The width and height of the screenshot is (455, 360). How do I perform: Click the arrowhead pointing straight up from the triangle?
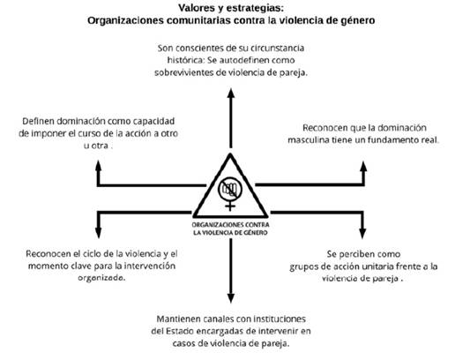231,94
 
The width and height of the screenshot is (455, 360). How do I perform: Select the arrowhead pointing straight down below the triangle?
231,297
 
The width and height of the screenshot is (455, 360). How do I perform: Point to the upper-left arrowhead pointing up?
99,166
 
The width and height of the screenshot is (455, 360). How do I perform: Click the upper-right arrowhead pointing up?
363,166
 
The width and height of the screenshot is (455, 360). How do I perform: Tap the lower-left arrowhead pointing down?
99,233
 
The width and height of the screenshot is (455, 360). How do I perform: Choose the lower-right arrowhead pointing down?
362,233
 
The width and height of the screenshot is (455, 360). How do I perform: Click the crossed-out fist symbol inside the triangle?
230,189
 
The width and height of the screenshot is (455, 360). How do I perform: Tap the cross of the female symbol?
230,206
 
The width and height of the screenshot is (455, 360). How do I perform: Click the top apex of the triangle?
230,154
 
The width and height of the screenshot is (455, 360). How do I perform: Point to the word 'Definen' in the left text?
38,121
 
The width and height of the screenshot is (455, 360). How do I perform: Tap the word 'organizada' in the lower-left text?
101,278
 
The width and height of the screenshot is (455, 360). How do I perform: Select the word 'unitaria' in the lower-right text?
377,266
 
